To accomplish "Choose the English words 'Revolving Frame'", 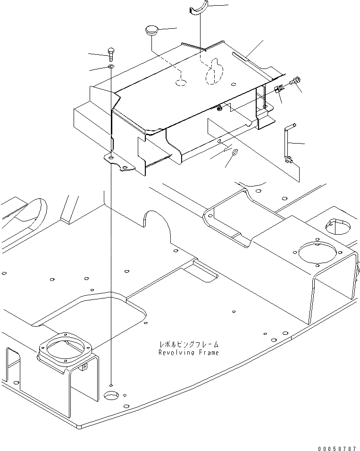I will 188,352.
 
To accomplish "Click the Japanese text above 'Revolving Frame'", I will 188,345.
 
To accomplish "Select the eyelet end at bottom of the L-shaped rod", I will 289,161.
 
